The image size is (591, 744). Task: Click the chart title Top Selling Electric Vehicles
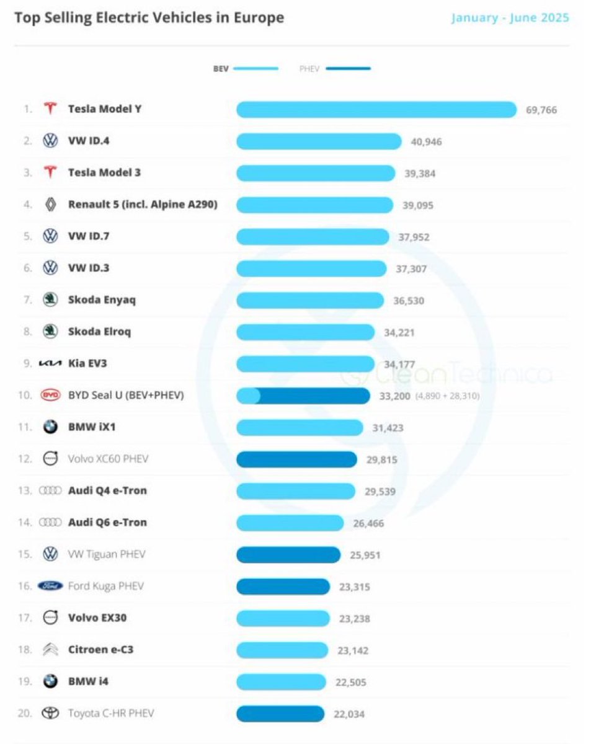[149, 18]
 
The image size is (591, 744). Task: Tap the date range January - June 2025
[510, 18]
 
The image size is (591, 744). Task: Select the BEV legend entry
[246, 69]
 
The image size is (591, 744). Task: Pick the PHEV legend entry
[335, 69]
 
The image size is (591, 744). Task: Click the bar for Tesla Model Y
[376, 110]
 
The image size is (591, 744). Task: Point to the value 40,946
[426, 142]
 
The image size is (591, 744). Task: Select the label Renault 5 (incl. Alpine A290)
[143, 204]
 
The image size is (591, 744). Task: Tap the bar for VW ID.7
[313, 237]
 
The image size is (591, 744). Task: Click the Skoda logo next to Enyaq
[50, 300]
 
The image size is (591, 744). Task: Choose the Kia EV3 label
[87, 363]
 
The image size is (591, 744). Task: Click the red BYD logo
[50, 395]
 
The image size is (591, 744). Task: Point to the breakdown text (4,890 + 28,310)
[447, 396]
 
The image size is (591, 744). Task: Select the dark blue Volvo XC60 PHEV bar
[296, 459]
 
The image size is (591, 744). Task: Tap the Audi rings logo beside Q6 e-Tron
[50, 523]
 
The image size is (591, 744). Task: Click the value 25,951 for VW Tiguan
[365, 555]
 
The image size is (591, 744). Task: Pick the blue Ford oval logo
[50, 586]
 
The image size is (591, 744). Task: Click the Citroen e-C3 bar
[282, 650]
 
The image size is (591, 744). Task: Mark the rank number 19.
[25, 681]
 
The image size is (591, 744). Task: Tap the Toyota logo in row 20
[50, 714]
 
